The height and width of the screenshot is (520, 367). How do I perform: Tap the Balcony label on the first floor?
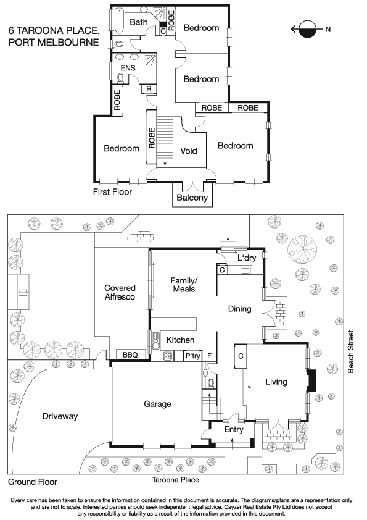192,198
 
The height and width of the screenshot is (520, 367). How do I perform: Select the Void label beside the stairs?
189,151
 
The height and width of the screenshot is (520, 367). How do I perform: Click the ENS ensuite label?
128,67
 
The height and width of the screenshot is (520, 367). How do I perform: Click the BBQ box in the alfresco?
130,355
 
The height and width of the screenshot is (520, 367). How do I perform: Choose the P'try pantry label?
193,356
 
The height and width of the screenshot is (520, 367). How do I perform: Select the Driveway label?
60,416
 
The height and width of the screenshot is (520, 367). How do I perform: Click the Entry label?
234,430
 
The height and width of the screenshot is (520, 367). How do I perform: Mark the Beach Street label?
351,353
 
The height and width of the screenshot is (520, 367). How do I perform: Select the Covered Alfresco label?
120,293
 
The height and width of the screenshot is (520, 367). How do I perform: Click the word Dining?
240,309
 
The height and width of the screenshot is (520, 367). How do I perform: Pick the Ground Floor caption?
32,482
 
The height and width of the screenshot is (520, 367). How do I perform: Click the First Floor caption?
112,192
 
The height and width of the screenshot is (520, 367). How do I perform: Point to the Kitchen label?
181,340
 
